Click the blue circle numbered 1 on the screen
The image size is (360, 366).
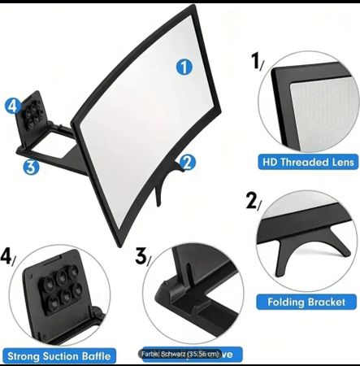pos(184,68)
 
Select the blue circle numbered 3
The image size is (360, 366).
pos(31,168)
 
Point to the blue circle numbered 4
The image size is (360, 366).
pos(12,106)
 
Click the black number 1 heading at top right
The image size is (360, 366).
pos(256,61)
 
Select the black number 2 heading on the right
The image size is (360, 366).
pos(253,201)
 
